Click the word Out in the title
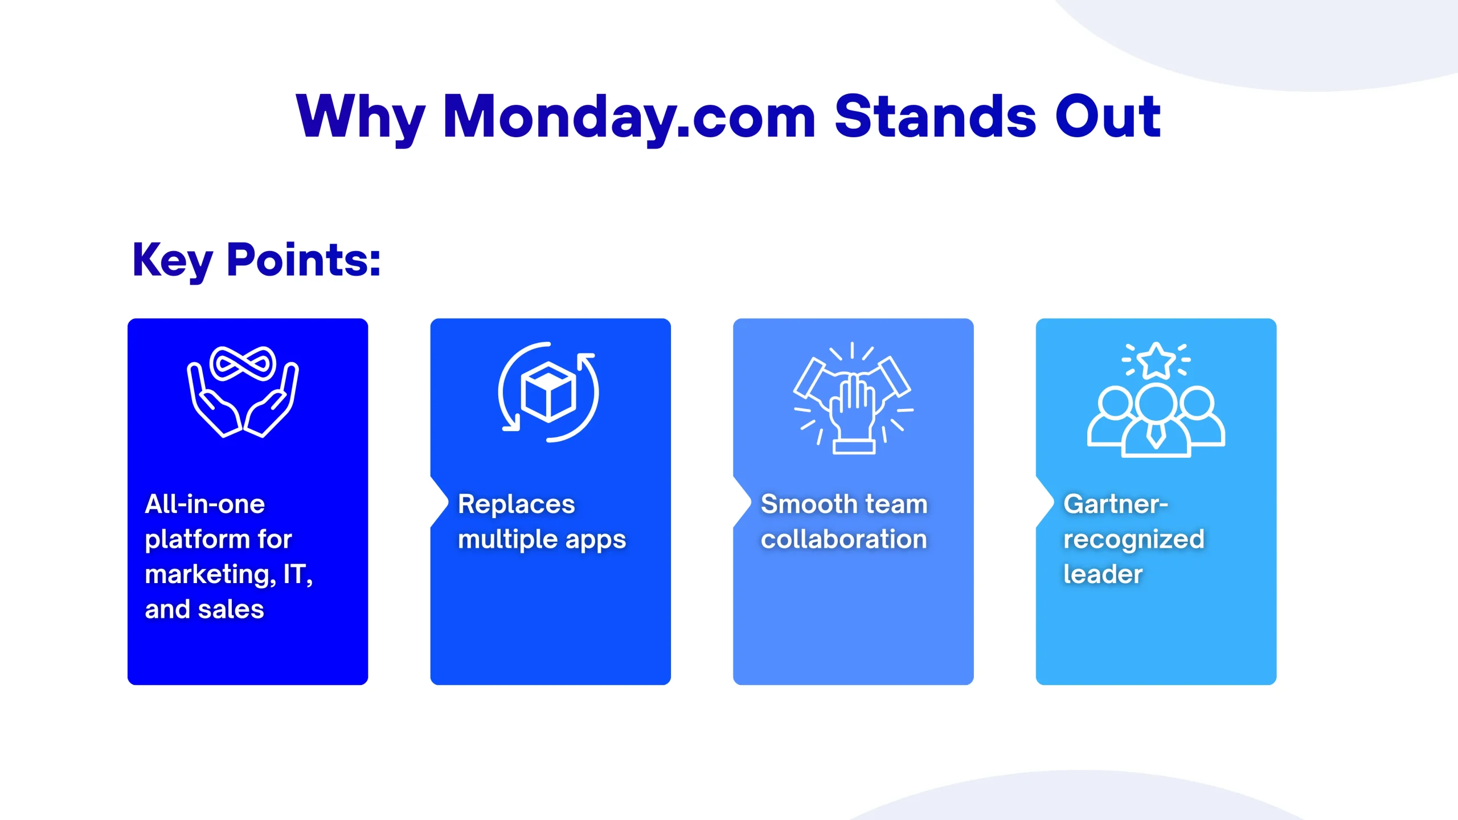(1108, 116)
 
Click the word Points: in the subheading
(304, 260)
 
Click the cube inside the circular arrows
(548, 392)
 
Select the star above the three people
(1156, 360)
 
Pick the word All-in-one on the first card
(205, 504)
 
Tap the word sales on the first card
(231, 609)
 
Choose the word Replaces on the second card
(517, 504)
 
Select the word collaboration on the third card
(844, 539)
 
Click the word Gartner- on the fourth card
(1116, 504)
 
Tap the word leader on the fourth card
(1103, 574)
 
